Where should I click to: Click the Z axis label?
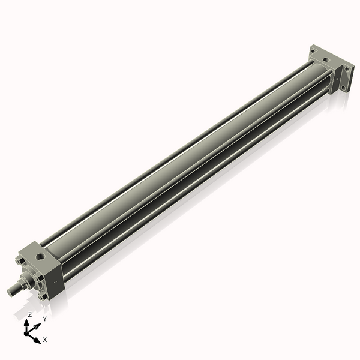click(30, 314)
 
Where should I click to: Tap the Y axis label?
click(44, 319)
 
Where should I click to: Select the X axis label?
click(45, 340)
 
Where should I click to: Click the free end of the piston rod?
click(10, 292)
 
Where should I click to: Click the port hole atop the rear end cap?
click(325, 60)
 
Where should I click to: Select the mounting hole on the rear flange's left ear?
click(313, 52)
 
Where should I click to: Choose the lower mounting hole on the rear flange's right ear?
click(344, 85)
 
